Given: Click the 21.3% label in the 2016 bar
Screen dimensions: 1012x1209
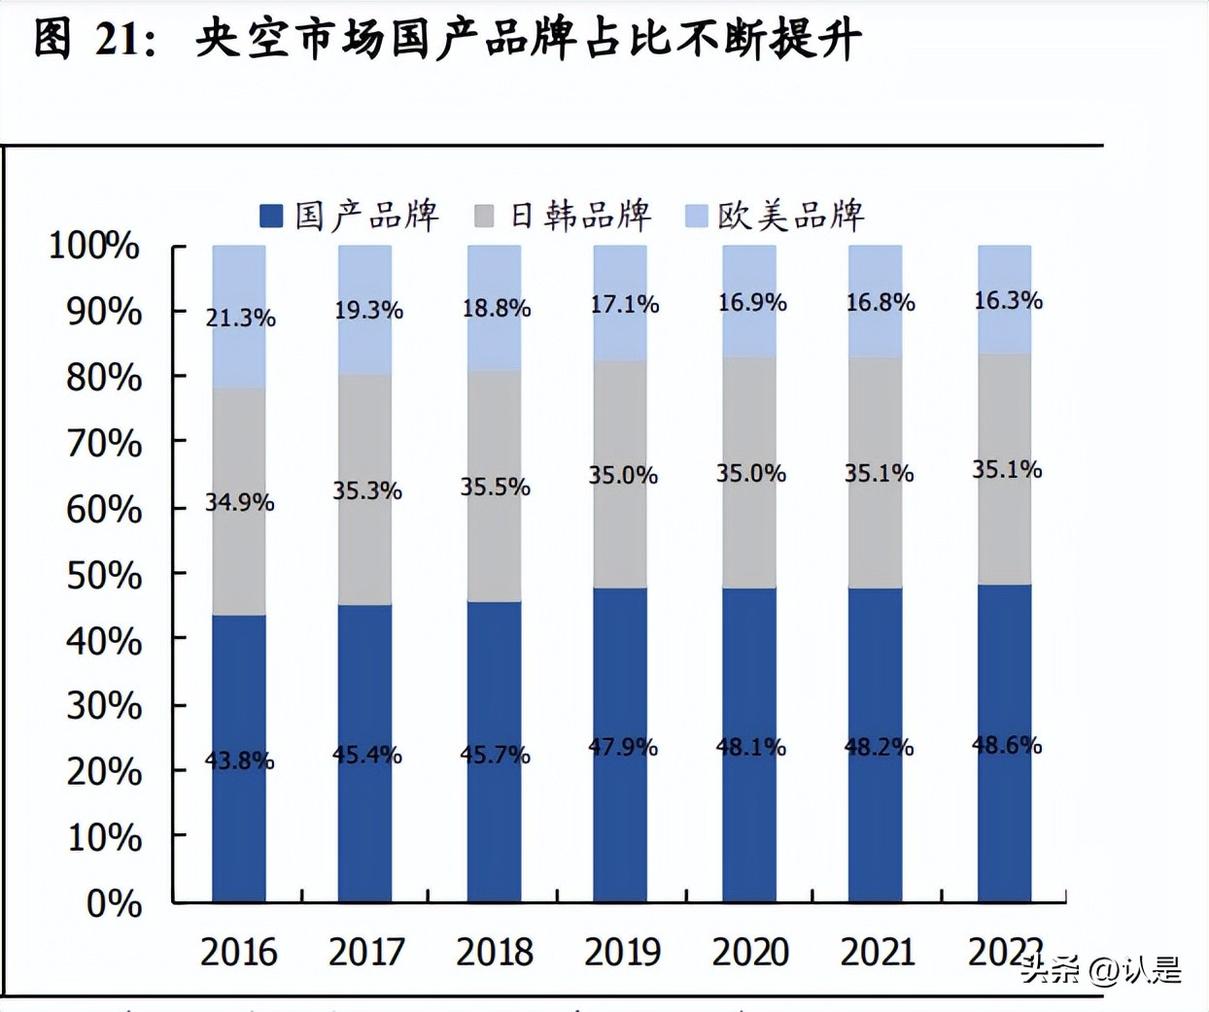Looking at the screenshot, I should tap(240, 318).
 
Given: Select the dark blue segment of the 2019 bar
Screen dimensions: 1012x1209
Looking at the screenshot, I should tap(620, 826).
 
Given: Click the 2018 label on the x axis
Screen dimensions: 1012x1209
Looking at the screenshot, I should tap(494, 952).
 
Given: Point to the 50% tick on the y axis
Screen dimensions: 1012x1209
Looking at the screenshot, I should tap(104, 575).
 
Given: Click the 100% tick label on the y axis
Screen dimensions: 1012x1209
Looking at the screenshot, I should tap(94, 246).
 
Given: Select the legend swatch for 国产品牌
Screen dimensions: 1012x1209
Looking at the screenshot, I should tap(271, 216).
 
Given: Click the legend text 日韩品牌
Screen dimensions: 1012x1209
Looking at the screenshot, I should tap(580, 216).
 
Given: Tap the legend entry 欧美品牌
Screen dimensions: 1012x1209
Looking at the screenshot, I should tap(790, 216).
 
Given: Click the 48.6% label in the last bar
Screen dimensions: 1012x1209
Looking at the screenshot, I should tap(1006, 745).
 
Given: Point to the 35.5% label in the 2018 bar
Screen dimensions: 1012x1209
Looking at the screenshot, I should tap(495, 487).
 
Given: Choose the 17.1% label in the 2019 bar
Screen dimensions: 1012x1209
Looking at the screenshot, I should tap(624, 304).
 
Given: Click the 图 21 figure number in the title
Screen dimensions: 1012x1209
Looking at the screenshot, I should tap(94, 40).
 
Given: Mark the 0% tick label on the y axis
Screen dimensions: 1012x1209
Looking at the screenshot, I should tap(114, 903).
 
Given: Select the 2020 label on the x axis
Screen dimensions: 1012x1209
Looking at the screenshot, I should tap(750, 952).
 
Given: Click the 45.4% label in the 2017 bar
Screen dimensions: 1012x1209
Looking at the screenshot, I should tap(366, 755).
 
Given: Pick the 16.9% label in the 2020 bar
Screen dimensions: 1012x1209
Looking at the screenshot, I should tap(751, 302).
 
